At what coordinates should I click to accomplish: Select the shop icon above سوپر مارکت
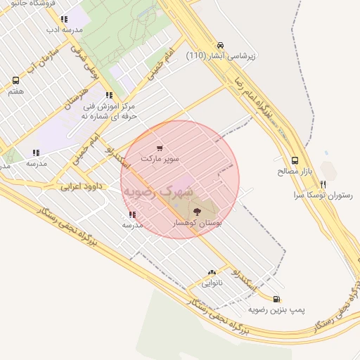coord(160,148)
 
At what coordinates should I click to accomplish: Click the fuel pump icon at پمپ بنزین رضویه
coord(276,299)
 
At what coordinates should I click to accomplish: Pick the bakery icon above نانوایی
coord(212,273)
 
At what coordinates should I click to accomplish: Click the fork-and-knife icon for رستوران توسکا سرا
coord(323,184)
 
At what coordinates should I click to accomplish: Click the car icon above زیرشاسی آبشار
coord(221,44)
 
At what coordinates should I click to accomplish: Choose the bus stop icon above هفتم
coord(15,80)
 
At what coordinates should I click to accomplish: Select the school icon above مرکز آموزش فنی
coord(108,95)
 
